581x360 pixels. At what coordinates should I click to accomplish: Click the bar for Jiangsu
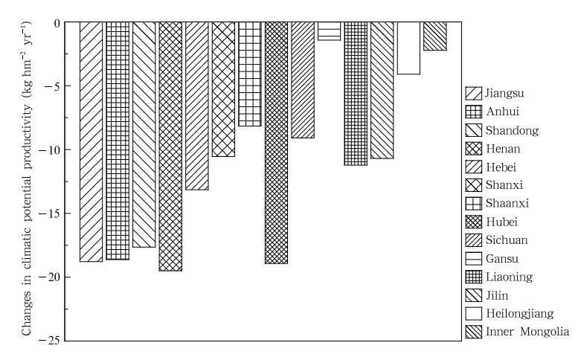point(91,141)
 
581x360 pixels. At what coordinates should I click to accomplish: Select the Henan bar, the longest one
point(170,146)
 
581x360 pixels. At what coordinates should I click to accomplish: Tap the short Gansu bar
point(329,30)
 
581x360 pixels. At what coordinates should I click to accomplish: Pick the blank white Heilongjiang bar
point(408,48)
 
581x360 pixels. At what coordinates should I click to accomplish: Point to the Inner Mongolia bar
point(434,36)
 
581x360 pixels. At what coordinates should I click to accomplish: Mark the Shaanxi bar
point(250,74)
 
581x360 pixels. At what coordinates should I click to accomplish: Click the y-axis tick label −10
point(48,150)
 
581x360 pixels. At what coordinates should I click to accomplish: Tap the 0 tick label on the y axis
point(55,23)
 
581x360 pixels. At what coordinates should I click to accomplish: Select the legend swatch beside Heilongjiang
point(472,313)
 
